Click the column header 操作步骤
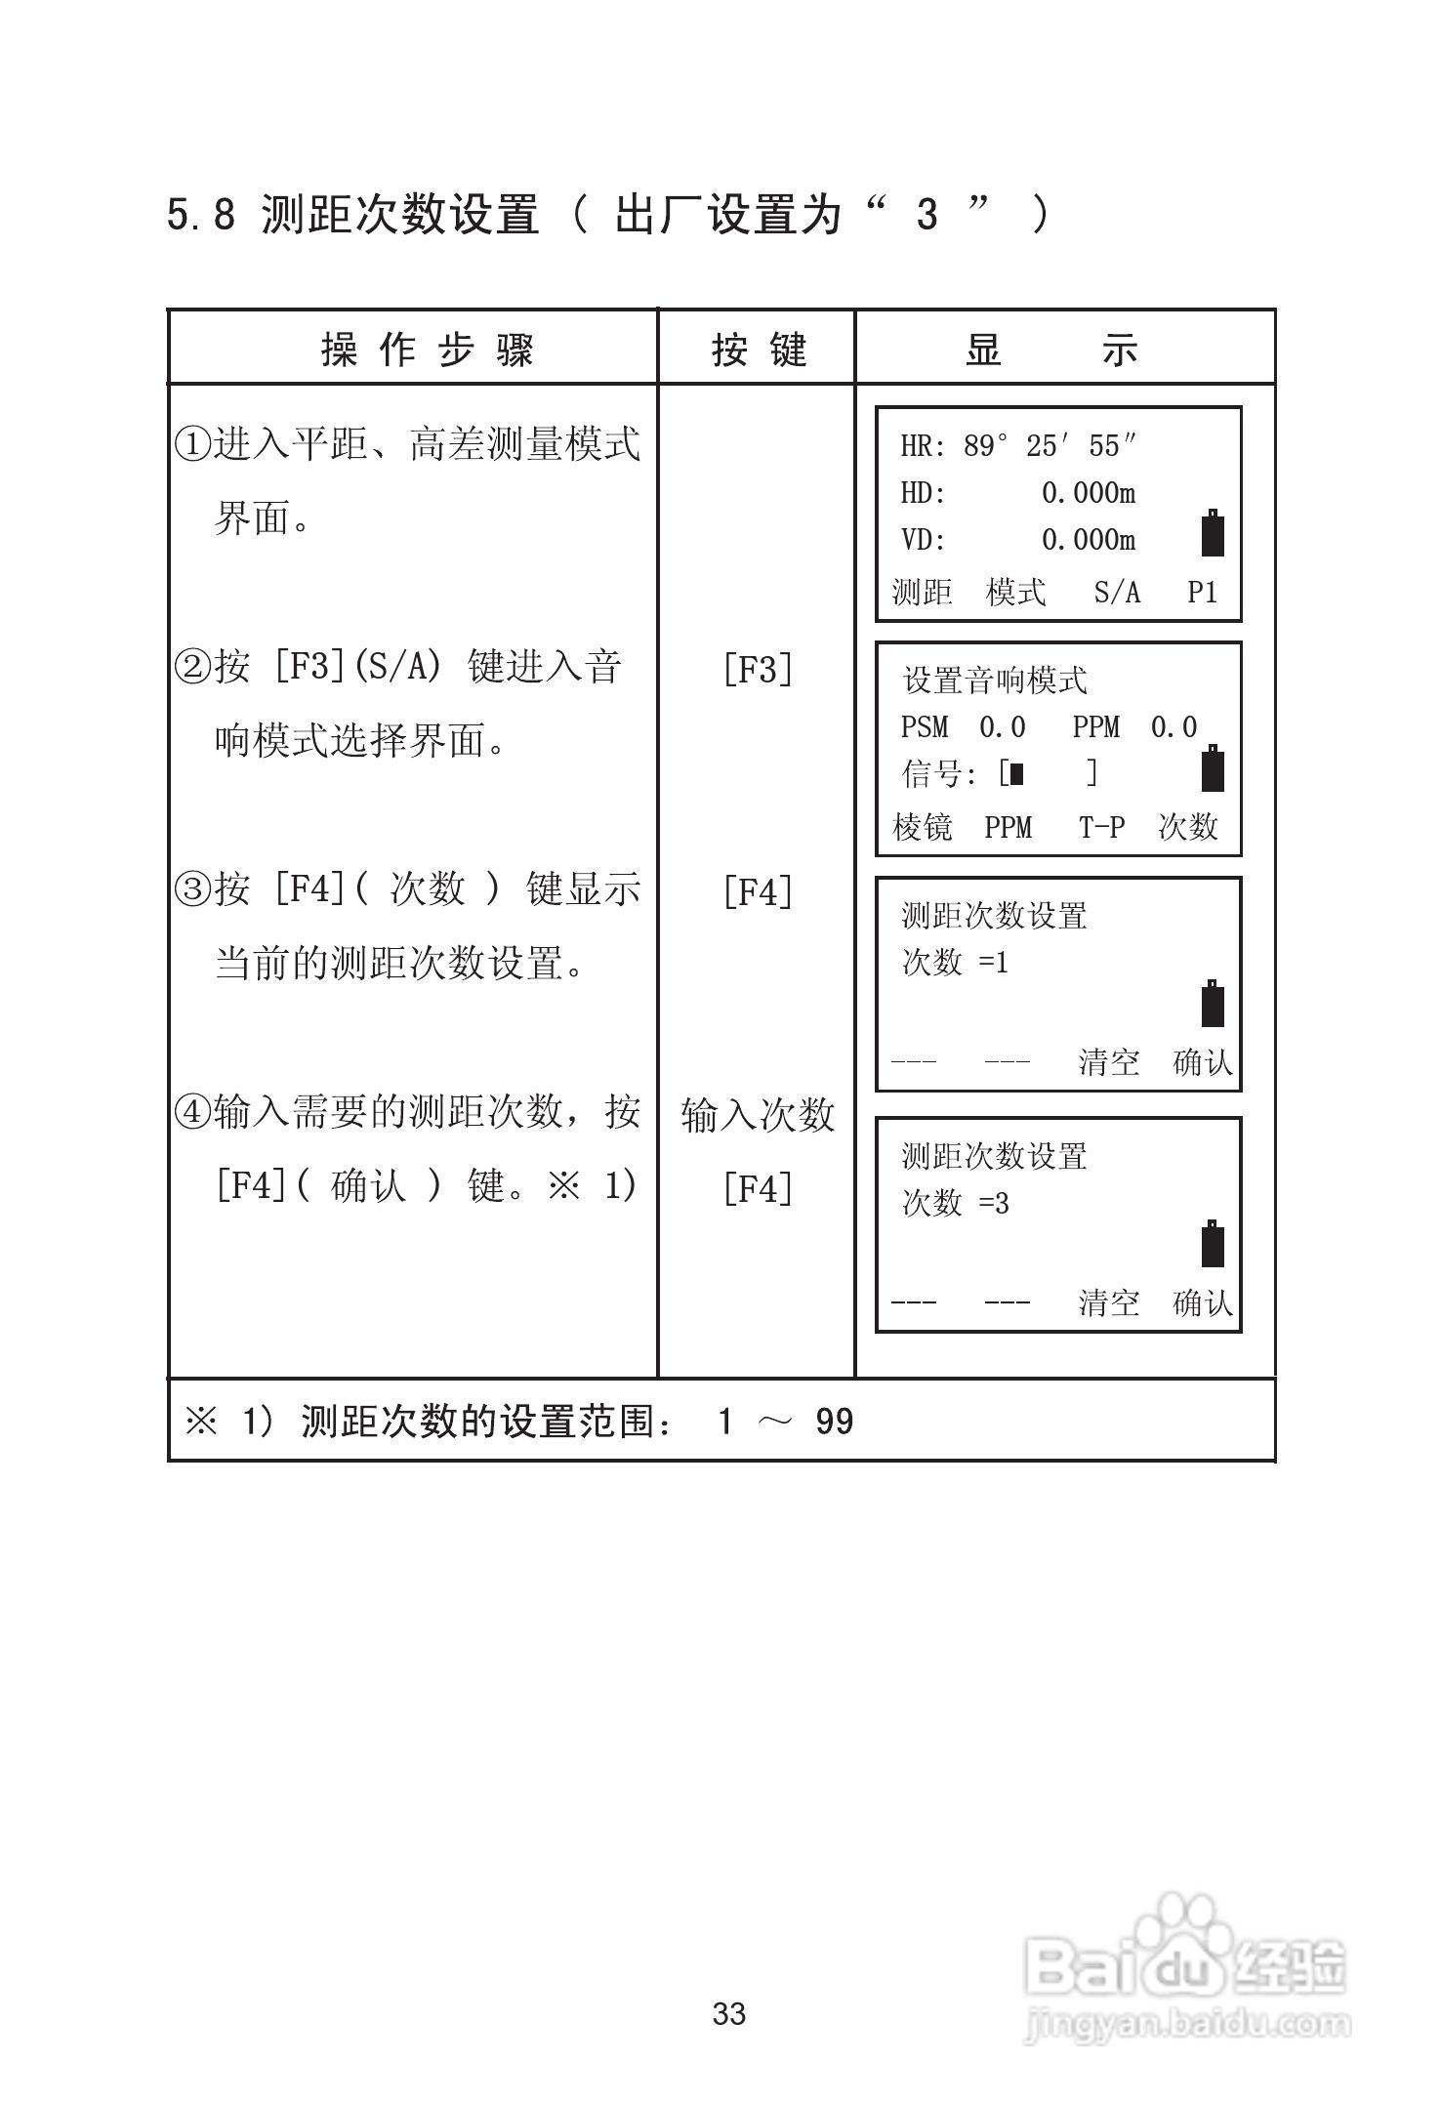(x=427, y=349)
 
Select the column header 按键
(x=759, y=349)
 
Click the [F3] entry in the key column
(x=758, y=670)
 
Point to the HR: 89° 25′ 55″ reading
(x=1018, y=446)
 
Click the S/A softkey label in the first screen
(x=1117, y=592)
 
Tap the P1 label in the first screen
(x=1202, y=592)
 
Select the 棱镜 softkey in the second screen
(x=922, y=827)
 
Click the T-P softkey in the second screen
(x=1101, y=827)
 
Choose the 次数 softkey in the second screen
(x=1188, y=827)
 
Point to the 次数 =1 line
(x=955, y=963)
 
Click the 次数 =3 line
(x=955, y=1203)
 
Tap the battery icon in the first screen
(x=1213, y=533)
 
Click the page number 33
(x=729, y=2013)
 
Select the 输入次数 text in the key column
(x=758, y=1114)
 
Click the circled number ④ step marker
(x=192, y=1112)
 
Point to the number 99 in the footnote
(x=834, y=1422)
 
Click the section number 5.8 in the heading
(x=201, y=215)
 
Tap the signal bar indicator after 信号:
(x=1017, y=774)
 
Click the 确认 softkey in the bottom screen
(x=1203, y=1302)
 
